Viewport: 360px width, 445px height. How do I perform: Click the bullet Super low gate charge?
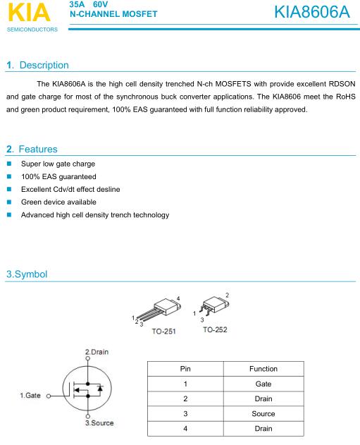tap(58, 164)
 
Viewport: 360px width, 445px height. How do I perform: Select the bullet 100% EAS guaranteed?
tap(58, 176)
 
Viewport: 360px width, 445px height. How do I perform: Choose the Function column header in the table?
tap(263, 369)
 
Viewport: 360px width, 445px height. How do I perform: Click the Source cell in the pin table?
tap(263, 414)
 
